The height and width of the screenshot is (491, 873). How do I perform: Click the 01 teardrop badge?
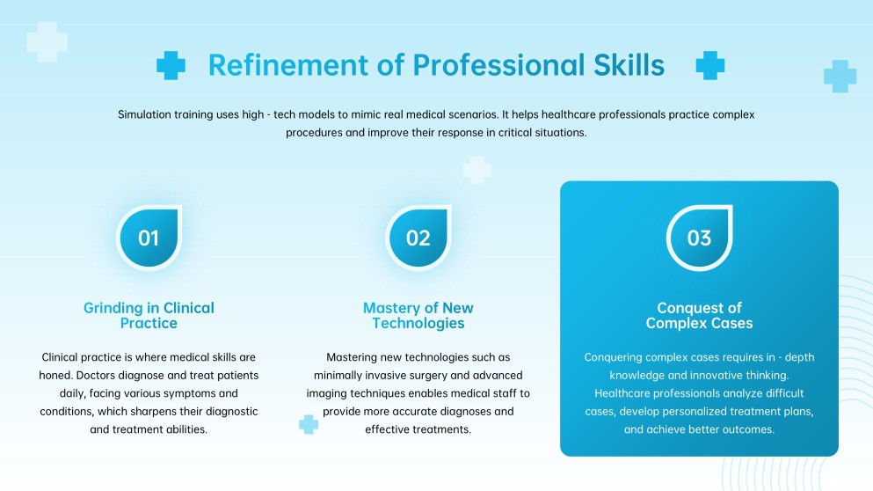coord(149,238)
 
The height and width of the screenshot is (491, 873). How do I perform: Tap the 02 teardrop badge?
coord(418,238)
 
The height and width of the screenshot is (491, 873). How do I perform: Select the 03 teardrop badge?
coord(699,238)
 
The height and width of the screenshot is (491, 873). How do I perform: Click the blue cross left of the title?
coord(171,65)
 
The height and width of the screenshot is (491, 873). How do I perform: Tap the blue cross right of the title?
coord(709,65)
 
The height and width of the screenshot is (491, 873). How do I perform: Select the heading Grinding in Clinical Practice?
coord(149,316)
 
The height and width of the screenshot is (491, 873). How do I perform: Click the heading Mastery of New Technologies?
coord(418,316)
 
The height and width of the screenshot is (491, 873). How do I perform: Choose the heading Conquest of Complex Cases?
coord(699,316)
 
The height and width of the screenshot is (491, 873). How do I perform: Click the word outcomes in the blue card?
coord(745,429)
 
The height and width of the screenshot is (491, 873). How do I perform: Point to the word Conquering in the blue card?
coord(616,357)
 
